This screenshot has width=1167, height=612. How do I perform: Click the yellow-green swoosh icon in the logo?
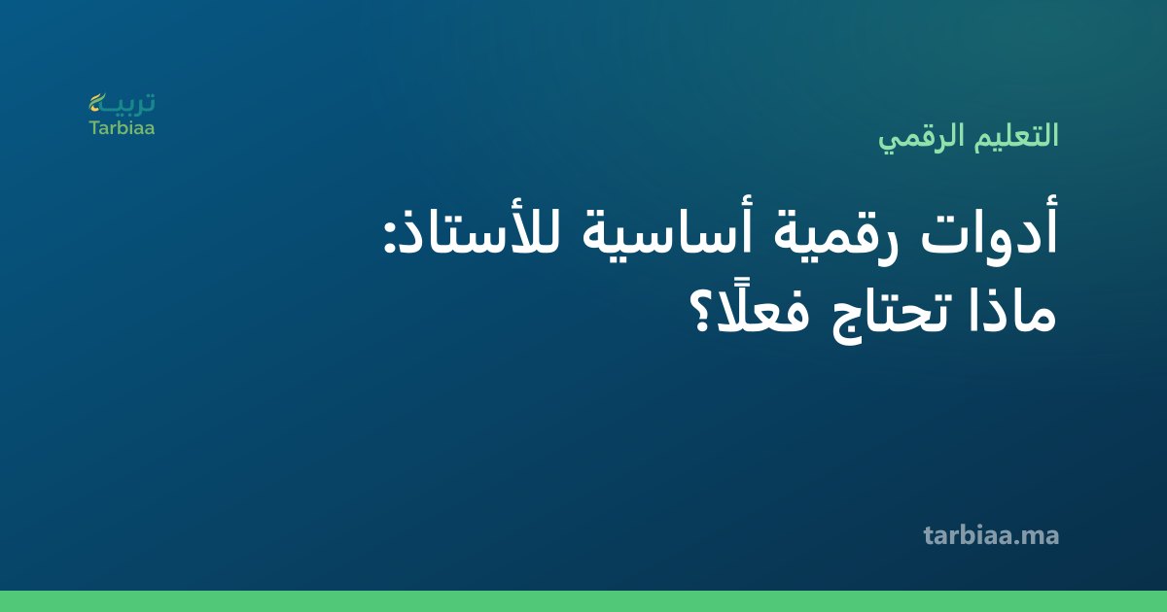(x=97, y=103)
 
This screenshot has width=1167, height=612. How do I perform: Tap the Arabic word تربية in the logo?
(x=122, y=103)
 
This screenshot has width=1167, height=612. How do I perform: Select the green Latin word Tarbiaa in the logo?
(x=122, y=128)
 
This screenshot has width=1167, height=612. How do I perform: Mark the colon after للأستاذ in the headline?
(x=389, y=239)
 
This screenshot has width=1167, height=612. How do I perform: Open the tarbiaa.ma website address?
(x=991, y=535)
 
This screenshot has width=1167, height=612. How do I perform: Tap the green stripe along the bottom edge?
(x=583, y=601)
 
